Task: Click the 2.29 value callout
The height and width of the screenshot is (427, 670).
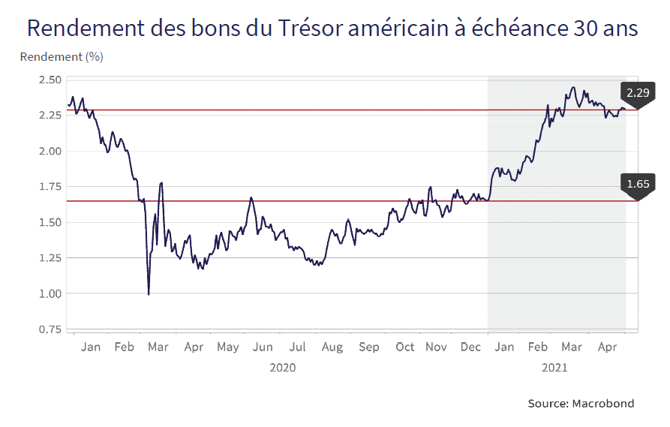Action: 637,93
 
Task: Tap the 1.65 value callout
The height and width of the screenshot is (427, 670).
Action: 637,183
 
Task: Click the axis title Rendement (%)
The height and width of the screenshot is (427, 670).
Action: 62,57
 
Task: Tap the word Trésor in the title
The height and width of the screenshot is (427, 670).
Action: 312,28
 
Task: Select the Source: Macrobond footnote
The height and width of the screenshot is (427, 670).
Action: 581,403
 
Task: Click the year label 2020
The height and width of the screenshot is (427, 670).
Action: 282,368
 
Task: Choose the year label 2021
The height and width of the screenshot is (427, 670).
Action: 554,368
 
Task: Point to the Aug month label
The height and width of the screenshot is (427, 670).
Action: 332,347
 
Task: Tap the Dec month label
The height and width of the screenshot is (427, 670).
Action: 471,347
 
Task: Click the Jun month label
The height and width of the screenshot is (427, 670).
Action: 263,347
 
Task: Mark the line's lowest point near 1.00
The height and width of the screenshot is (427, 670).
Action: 149,294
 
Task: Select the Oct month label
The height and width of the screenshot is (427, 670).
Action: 405,347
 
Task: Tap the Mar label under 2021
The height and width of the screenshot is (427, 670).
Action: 572,347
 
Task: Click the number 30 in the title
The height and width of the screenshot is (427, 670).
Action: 583,28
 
